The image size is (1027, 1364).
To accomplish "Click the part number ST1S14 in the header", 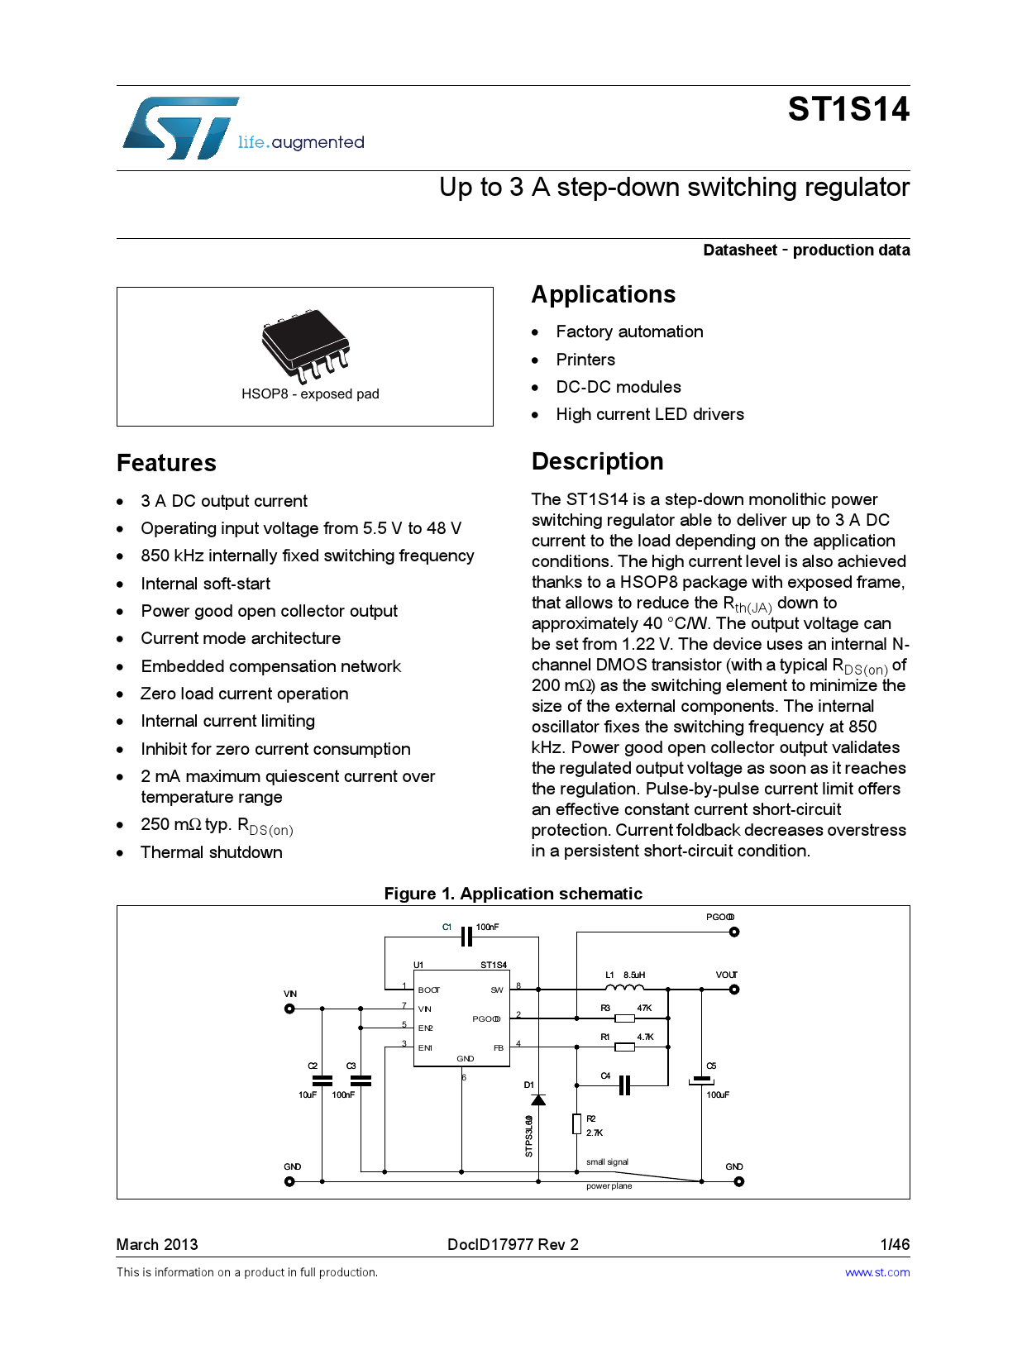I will (x=848, y=110).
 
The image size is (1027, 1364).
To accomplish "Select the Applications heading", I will (x=603, y=295).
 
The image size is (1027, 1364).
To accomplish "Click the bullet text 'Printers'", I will (x=585, y=360).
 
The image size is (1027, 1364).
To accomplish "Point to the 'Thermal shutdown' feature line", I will (x=212, y=852).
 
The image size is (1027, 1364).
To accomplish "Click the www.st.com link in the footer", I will (x=877, y=1272).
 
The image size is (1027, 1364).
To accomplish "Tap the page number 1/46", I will (x=895, y=1244).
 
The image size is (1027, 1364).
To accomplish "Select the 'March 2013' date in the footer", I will (x=157, y=1244).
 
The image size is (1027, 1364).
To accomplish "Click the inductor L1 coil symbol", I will (x=624, y=987).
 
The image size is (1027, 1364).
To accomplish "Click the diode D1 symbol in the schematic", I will (x=538, y=1100).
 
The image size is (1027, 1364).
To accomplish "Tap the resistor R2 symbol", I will (x=576, y=1123).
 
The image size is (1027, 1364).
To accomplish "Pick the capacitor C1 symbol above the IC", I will (x=466, y=937).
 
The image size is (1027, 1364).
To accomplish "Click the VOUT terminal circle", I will (x=734, y=990).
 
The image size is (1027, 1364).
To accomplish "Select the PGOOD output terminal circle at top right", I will (x=734, y=932).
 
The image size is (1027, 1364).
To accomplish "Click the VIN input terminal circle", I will (x=289, y=1009).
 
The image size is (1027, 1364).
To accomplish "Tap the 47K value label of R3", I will (x=644, y=1008).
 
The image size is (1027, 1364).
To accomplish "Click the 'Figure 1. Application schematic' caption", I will (x=513, y=894).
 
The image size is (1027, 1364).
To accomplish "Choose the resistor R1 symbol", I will (x=625, y=1047).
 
